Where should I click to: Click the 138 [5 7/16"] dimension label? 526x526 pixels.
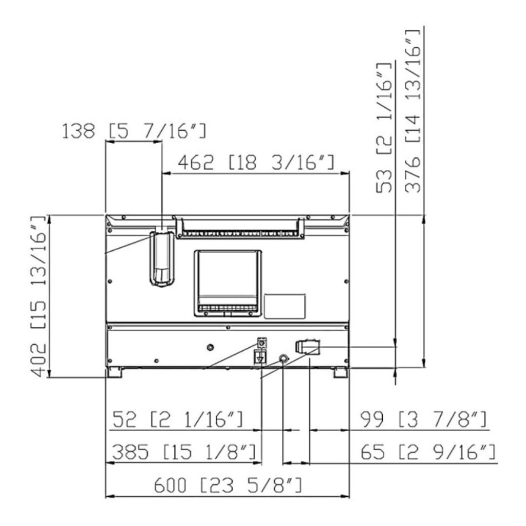[134, 131]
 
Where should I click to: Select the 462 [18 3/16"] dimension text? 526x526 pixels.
[256, 162]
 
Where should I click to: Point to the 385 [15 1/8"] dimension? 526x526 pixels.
[184, 452]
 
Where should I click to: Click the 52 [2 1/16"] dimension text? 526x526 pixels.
[177, 419]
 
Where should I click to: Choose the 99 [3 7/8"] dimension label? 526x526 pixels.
[423, 419]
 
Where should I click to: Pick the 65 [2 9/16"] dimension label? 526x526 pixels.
[428, 452]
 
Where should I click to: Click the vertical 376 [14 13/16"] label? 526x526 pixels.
[413, 111]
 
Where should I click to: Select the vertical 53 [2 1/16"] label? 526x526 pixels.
[384, 128]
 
